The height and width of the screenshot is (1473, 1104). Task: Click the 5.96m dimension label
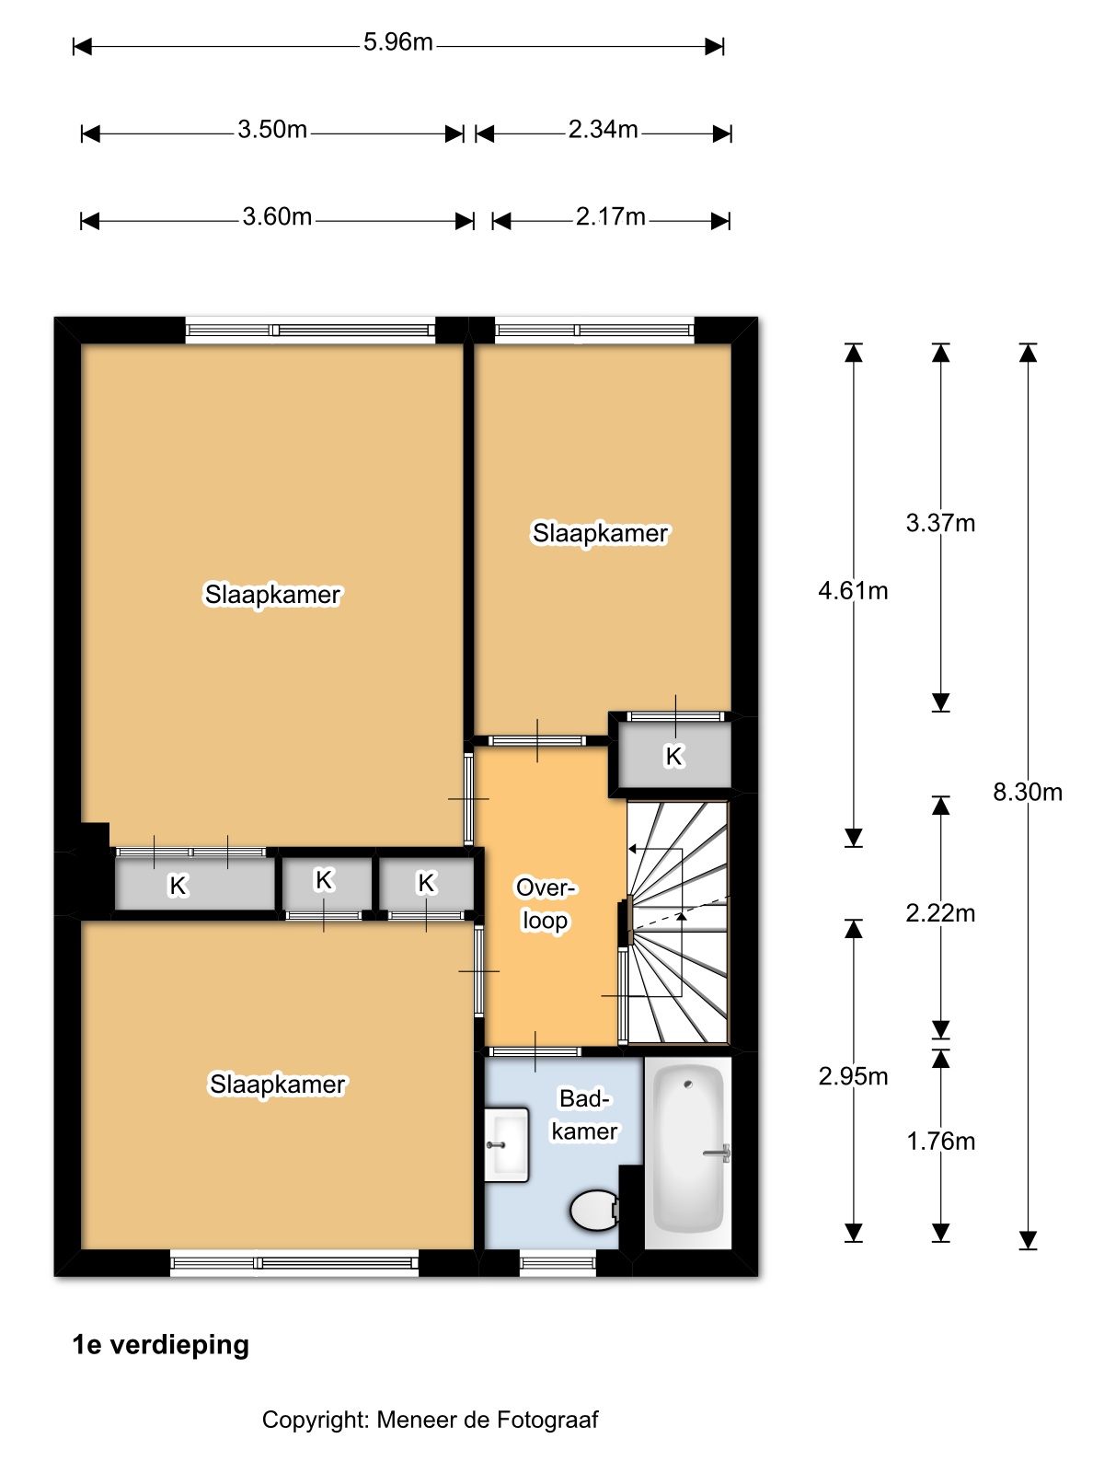pos(397,42)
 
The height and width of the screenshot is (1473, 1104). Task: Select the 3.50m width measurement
pos(272,129)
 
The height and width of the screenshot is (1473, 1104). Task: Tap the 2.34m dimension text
pos(603,129)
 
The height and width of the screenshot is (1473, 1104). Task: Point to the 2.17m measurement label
pos(610,216)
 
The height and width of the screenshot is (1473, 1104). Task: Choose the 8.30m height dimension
pos(1027,792)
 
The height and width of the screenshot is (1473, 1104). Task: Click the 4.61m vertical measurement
pos(853,590)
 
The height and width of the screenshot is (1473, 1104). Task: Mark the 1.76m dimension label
pos(940,1141)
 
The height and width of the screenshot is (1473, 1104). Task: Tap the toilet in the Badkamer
pos(594,1210)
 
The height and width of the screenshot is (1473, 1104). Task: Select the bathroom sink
pos(506,1144)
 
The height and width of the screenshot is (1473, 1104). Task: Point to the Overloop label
pos(545,903)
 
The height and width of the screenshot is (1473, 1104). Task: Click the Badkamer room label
pos(584,1115)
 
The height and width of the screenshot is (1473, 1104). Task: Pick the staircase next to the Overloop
pos(677,922)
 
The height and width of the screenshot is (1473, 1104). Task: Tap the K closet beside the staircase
pos(673,755)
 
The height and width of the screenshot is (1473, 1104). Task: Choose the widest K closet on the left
pos(194,884)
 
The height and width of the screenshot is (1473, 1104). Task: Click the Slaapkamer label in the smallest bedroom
pos(600,533)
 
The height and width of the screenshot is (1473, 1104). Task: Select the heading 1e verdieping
pos(160,1344)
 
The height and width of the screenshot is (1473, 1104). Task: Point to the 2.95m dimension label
pos(853,1075)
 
